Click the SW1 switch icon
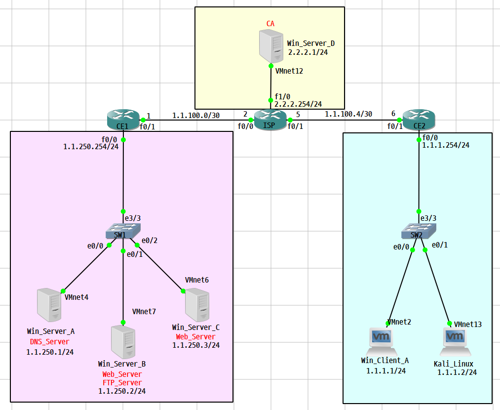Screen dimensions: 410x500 123,232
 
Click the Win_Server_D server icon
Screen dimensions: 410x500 271,46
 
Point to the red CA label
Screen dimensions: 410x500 270,23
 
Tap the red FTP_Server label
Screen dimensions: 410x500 122,383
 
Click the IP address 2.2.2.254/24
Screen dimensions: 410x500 298,104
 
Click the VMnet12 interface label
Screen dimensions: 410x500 289,71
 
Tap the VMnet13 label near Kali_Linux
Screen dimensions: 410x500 467,324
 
